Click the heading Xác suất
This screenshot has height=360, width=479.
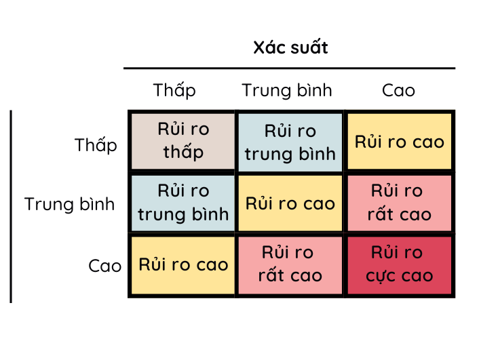click(x=290, y=48)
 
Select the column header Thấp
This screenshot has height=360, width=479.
click(x=174, y=90)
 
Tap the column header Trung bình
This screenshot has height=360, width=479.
click(x=287, y=90)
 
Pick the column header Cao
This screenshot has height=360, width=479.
click(x=398, y=90)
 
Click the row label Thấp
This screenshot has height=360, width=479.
click(x=96, y=145)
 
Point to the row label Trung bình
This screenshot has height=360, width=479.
click(x=70, y=204)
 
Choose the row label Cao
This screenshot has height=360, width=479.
click(x=104, y=265)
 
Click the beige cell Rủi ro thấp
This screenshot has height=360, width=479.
click(x=183, y=141)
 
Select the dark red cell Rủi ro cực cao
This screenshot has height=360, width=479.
click(x=400, y=265)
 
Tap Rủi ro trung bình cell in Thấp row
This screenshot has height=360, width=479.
click(x=290, y=142)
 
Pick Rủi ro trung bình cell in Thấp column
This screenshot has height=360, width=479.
click(x=183, y=203)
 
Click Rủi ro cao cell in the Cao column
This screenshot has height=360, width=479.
click(x=400, y=142)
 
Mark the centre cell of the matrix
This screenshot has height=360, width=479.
click(x=290, y=203)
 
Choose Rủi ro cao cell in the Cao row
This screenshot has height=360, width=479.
click(x=183, y=265)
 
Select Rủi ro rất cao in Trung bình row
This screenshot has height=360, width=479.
click(x=400, y=203)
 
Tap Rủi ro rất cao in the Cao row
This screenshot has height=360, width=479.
click(x=290, y=265)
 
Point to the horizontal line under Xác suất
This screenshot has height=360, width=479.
click(x=289, y=68)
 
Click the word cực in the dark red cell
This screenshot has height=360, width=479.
click(x=381, y=276)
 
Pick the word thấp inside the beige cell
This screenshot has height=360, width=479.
click(x=183, y=151)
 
